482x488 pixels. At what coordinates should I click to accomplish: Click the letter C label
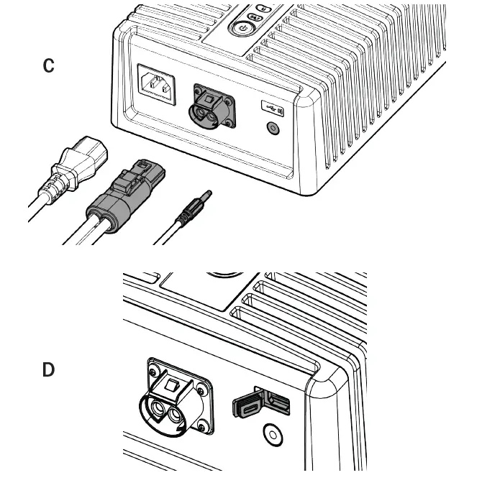[48, 65]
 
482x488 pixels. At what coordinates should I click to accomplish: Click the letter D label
[48, 370]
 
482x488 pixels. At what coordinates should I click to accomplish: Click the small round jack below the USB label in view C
[273, 129]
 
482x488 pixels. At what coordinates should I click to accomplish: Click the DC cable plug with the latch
[126, 197]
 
